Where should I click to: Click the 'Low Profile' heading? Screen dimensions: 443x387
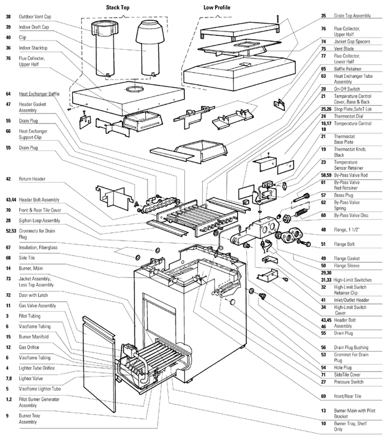tap(216, 7)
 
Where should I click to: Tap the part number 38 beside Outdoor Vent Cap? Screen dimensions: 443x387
tap(8, 17)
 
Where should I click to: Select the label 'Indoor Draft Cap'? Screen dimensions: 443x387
tap(34, 27)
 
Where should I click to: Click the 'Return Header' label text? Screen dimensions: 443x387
tap(32, 178)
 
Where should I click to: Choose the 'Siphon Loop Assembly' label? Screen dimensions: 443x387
tap(39, 220)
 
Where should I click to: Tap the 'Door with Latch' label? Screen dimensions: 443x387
tap(35, 296)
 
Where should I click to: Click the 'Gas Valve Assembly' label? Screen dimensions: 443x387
tap(37, 305)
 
